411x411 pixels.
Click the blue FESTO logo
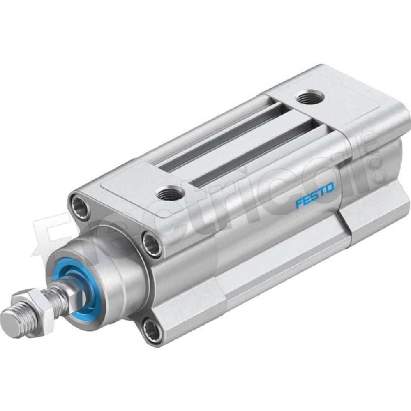[315, 195]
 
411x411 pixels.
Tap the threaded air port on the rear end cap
[310, 99]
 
